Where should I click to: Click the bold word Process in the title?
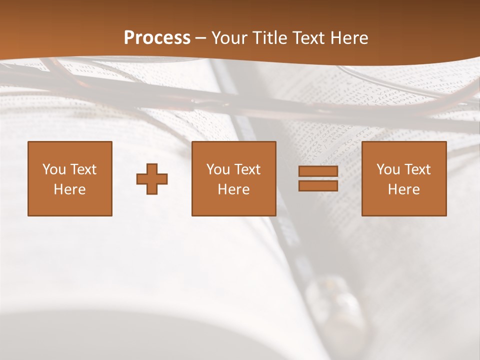[157, 38]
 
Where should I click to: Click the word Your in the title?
[229, 38]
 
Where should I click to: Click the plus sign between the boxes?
[152, 179]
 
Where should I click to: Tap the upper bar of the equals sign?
[318, 171]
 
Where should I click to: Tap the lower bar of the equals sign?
[318, 186]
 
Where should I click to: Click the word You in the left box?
[54, 169]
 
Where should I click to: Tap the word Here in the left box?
[70, 189]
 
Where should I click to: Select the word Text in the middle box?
[247, 169]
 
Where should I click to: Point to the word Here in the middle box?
[234, 189]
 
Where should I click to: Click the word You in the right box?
[388, 169]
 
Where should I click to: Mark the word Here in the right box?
[404, 189]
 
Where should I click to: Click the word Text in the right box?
[417, 169]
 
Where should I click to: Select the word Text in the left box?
[83, 169]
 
